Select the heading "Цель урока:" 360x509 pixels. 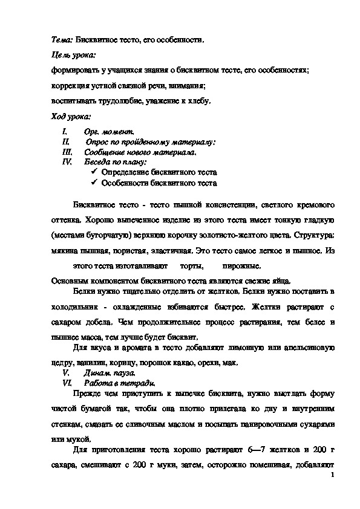pyautogui.click(x=71, y=55)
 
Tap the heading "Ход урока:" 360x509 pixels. pyautogui.click(x=71, y=116)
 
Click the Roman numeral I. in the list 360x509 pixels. pyautogui.click(x=65, y=131)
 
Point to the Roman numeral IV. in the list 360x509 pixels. pyautogui.click(x=67, y=162)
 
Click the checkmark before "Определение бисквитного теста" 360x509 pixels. pyautogui.click(x=94, y=172)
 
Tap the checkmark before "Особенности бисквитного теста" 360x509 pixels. pyautogui.click(x=94, y=183)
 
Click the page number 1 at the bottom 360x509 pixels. pyautogui.click(x=333, y=478)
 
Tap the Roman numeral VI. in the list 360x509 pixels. pyautogui.click(x=67, y=383)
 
